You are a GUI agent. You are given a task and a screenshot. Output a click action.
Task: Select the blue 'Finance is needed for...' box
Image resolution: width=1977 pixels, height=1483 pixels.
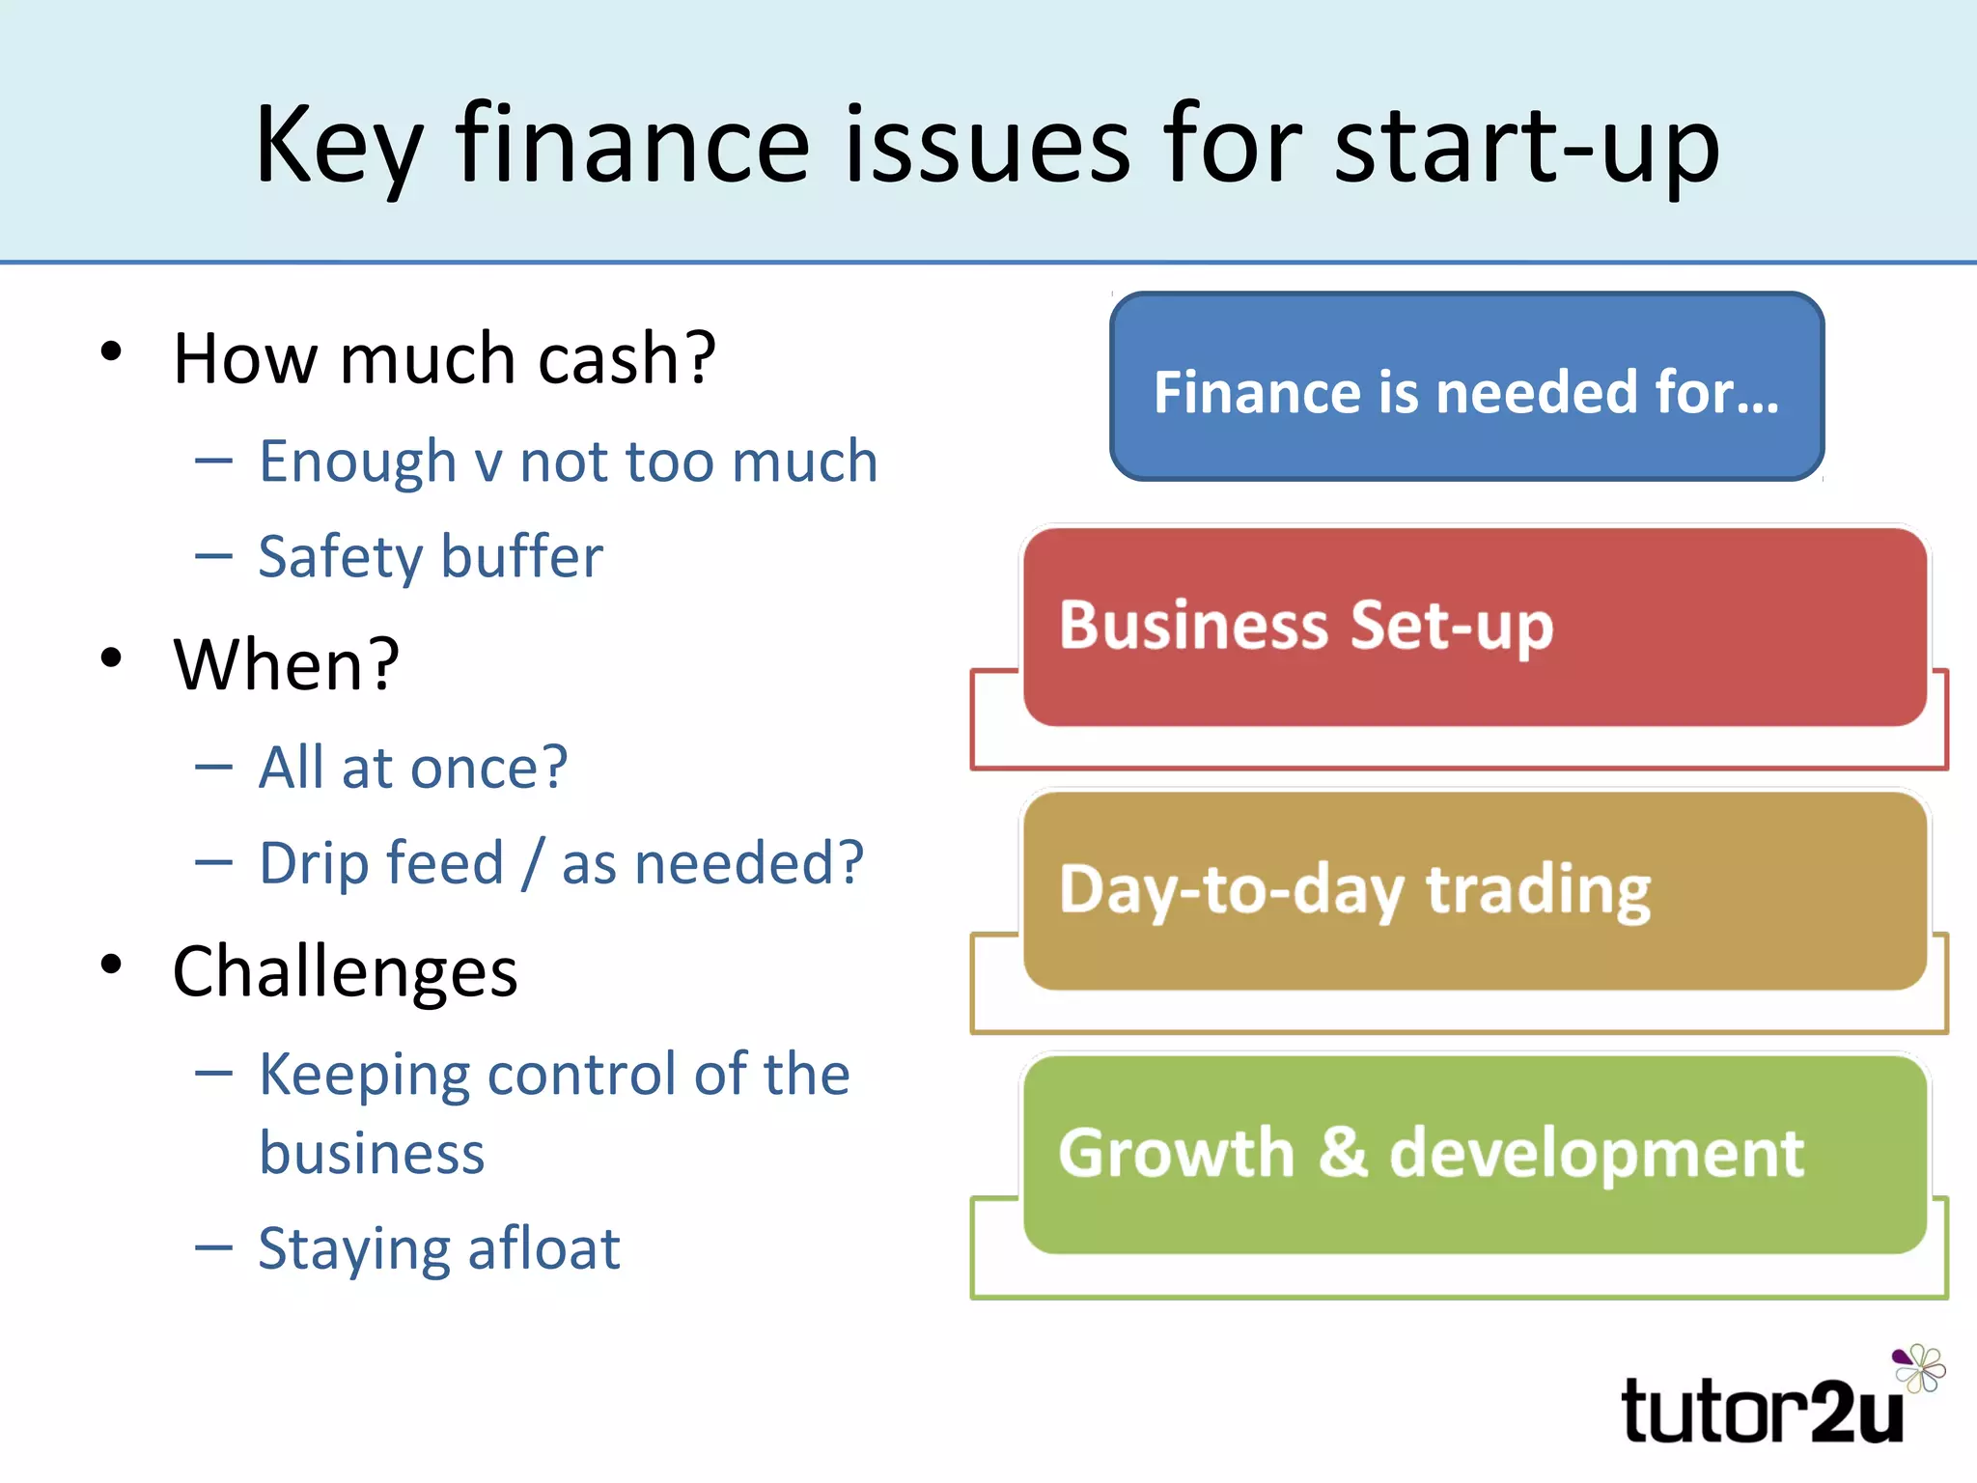(1466, 387)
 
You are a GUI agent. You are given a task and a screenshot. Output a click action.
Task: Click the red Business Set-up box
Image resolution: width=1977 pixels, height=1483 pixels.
(1474, 627)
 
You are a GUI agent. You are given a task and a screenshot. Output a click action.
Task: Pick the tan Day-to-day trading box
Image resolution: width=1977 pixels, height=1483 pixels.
(1474, 890)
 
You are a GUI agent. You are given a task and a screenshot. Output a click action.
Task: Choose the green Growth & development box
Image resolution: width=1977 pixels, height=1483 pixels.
(1474, 1154)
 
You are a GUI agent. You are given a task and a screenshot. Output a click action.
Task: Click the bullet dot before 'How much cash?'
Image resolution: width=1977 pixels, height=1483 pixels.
(112, 351)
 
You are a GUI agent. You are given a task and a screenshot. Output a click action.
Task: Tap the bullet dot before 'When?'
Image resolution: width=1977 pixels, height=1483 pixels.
(112, 658)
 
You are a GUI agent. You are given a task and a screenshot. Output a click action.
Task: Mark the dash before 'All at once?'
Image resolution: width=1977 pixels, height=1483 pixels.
(213, 768)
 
